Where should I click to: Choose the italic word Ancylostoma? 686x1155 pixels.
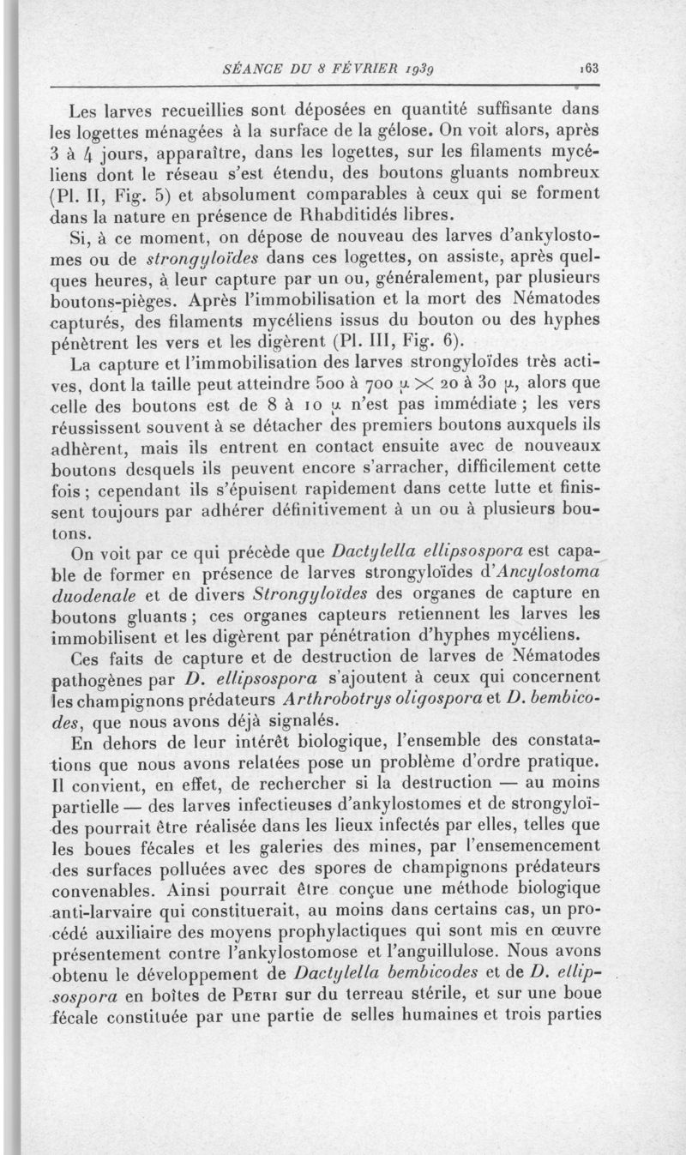tap(537, 571)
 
